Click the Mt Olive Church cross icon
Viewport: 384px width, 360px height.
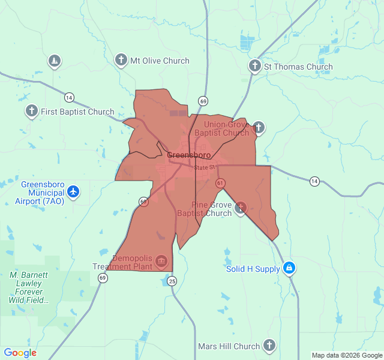121,60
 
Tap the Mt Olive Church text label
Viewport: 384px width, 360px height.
160,61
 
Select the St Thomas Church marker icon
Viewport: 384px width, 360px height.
255,66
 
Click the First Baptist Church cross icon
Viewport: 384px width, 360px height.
32,111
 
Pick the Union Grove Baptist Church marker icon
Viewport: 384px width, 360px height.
259,127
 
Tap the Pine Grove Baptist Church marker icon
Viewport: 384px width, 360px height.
241,208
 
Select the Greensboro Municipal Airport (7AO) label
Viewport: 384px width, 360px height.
42,193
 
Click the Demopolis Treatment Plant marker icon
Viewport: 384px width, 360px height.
161,260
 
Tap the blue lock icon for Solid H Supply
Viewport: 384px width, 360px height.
289,268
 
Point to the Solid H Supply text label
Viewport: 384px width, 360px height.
253,269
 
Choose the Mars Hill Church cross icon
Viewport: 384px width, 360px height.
269,345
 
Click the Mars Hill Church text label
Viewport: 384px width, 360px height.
229,346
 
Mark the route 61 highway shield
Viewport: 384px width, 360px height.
221,182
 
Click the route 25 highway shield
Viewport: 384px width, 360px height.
172,280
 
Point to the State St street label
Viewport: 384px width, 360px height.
204,167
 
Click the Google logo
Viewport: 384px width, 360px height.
20,353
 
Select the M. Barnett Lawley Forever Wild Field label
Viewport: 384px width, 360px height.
30,287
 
